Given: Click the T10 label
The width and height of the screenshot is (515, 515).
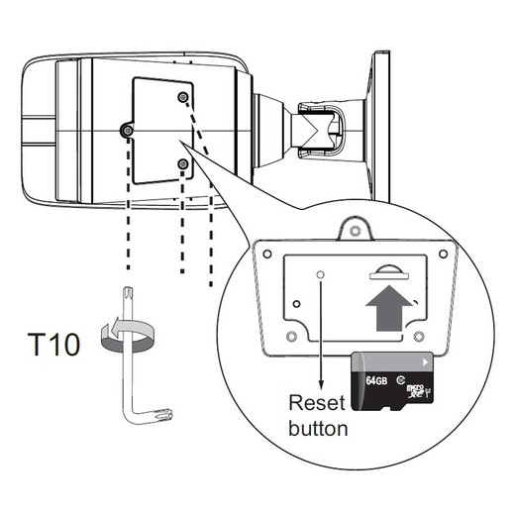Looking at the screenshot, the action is point(53,345).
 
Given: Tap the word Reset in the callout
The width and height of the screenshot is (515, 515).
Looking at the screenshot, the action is point(317,403).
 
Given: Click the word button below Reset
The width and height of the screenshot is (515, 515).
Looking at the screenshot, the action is point(318,428).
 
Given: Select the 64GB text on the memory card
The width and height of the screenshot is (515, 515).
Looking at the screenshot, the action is point(376,380).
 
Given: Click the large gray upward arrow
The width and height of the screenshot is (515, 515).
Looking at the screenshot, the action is point(389,308).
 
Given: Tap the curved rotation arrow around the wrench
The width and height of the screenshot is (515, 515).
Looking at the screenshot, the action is point(127,334).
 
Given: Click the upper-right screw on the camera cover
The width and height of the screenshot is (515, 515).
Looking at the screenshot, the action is point(183,97).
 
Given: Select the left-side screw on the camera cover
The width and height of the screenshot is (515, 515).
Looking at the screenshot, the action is point(127,131).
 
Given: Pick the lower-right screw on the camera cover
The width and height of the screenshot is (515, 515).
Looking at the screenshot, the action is point(182,163).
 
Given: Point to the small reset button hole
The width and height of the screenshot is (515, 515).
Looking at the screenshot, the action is point(320,274).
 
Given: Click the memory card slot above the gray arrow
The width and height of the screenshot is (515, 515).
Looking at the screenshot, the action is point(389,272).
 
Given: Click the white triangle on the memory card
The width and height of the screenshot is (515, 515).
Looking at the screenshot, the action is point(425,362).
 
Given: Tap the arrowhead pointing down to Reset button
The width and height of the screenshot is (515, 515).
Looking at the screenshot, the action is point(321,384).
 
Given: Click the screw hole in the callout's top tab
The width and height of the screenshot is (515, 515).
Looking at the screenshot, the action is point(355,230).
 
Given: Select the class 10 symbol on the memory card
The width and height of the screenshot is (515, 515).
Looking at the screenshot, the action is point(401,379).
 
